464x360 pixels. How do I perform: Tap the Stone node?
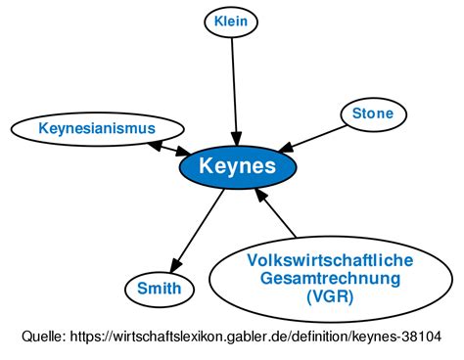coord(373,114)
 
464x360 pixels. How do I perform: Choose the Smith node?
coord(159,289)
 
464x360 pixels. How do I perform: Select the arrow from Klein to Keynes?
coord(233,88)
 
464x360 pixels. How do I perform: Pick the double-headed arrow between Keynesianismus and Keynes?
coord(166,148)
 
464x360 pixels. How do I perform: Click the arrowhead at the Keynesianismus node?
coord(153,143)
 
